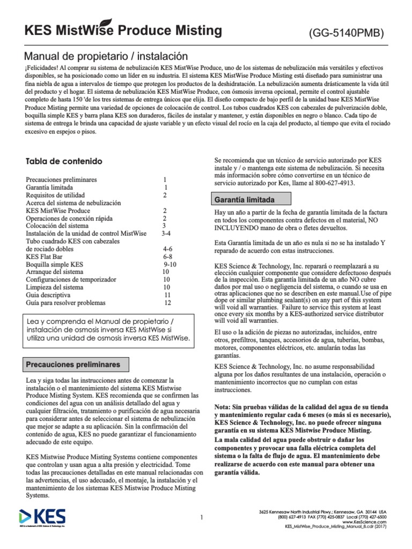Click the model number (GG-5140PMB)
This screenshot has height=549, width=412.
(x=346, y=33)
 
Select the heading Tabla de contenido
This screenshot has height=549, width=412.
(x=64, y=161)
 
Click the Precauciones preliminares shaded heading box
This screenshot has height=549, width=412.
(x=73, y=365)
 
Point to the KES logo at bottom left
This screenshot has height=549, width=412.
(x=42, y=518)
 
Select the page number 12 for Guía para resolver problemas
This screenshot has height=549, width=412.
(x=167, y=303)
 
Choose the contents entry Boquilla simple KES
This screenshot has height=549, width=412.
(x=54, y=264)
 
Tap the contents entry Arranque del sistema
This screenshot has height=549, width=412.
(x=55, y=272)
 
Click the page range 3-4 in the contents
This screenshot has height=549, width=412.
(x=166, y=234)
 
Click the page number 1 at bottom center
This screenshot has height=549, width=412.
(x=201, y=517)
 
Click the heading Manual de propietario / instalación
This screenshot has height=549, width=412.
(x=107, y=56)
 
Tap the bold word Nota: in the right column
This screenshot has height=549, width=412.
(x=226, y=407)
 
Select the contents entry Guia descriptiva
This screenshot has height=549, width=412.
(x=48, y=295)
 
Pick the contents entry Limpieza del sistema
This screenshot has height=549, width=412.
(x=55, y=287)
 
